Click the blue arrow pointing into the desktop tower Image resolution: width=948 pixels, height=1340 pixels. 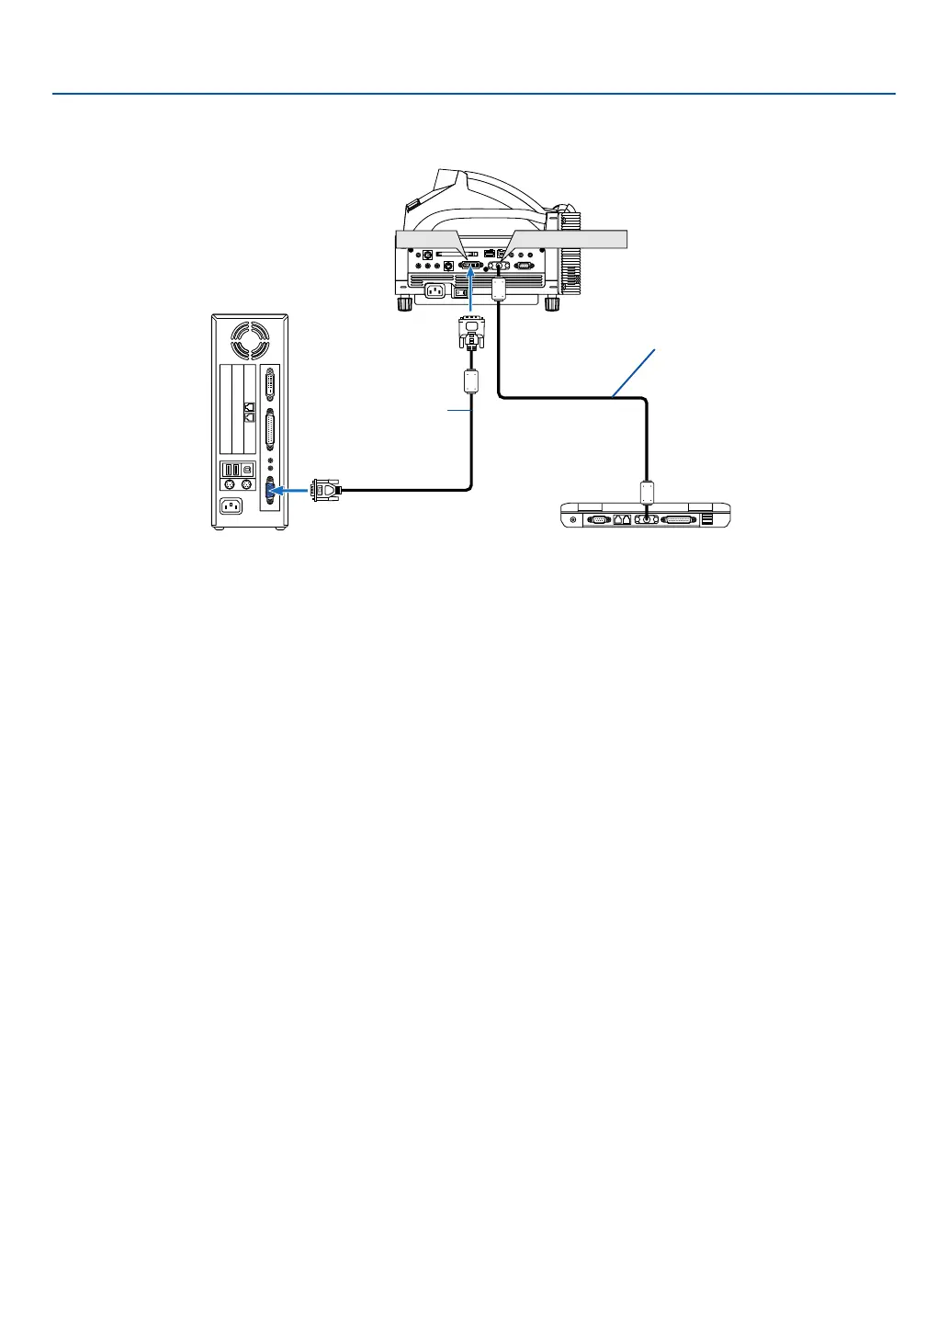(292, 491)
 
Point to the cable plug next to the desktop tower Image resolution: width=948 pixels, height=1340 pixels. (327, 491)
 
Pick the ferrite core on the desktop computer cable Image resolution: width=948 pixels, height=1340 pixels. (471, 381)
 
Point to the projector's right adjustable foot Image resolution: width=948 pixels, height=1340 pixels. (552, 302)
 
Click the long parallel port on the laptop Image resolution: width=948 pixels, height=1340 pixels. (679, 519)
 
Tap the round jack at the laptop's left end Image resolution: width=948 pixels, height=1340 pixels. (574, 519)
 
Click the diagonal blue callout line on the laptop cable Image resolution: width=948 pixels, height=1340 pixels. (634, 372)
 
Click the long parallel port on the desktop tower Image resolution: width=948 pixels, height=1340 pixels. (270, 431)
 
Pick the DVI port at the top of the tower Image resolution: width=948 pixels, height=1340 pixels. (270, 383)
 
